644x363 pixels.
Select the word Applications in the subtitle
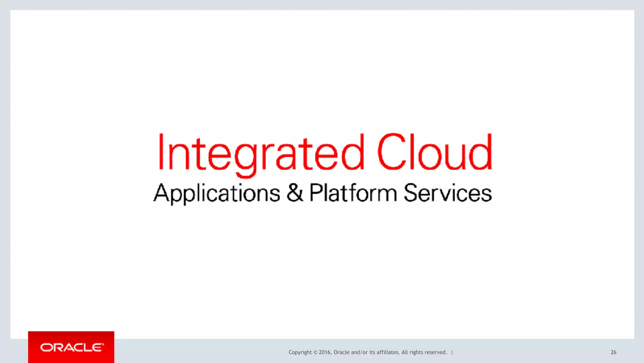click(x=216, y=193)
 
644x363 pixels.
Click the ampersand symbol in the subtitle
click(x=295, y=193)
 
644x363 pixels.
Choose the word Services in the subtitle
click(x=447, y=193)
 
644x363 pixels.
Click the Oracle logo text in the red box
click(x=72, y=348)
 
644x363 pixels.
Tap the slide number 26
click(x=613, y=352)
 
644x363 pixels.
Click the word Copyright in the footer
click(x=300, y=352)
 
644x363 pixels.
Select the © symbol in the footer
click(x=315, y=352)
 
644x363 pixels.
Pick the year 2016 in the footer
click(x=325, y=352)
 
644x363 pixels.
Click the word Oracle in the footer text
click(x=341, y=352)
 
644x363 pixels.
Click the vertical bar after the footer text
click(x=452, y=352)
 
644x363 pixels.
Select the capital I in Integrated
click(x=161, y=152)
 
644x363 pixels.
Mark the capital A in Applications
click(x=161, y=192)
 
